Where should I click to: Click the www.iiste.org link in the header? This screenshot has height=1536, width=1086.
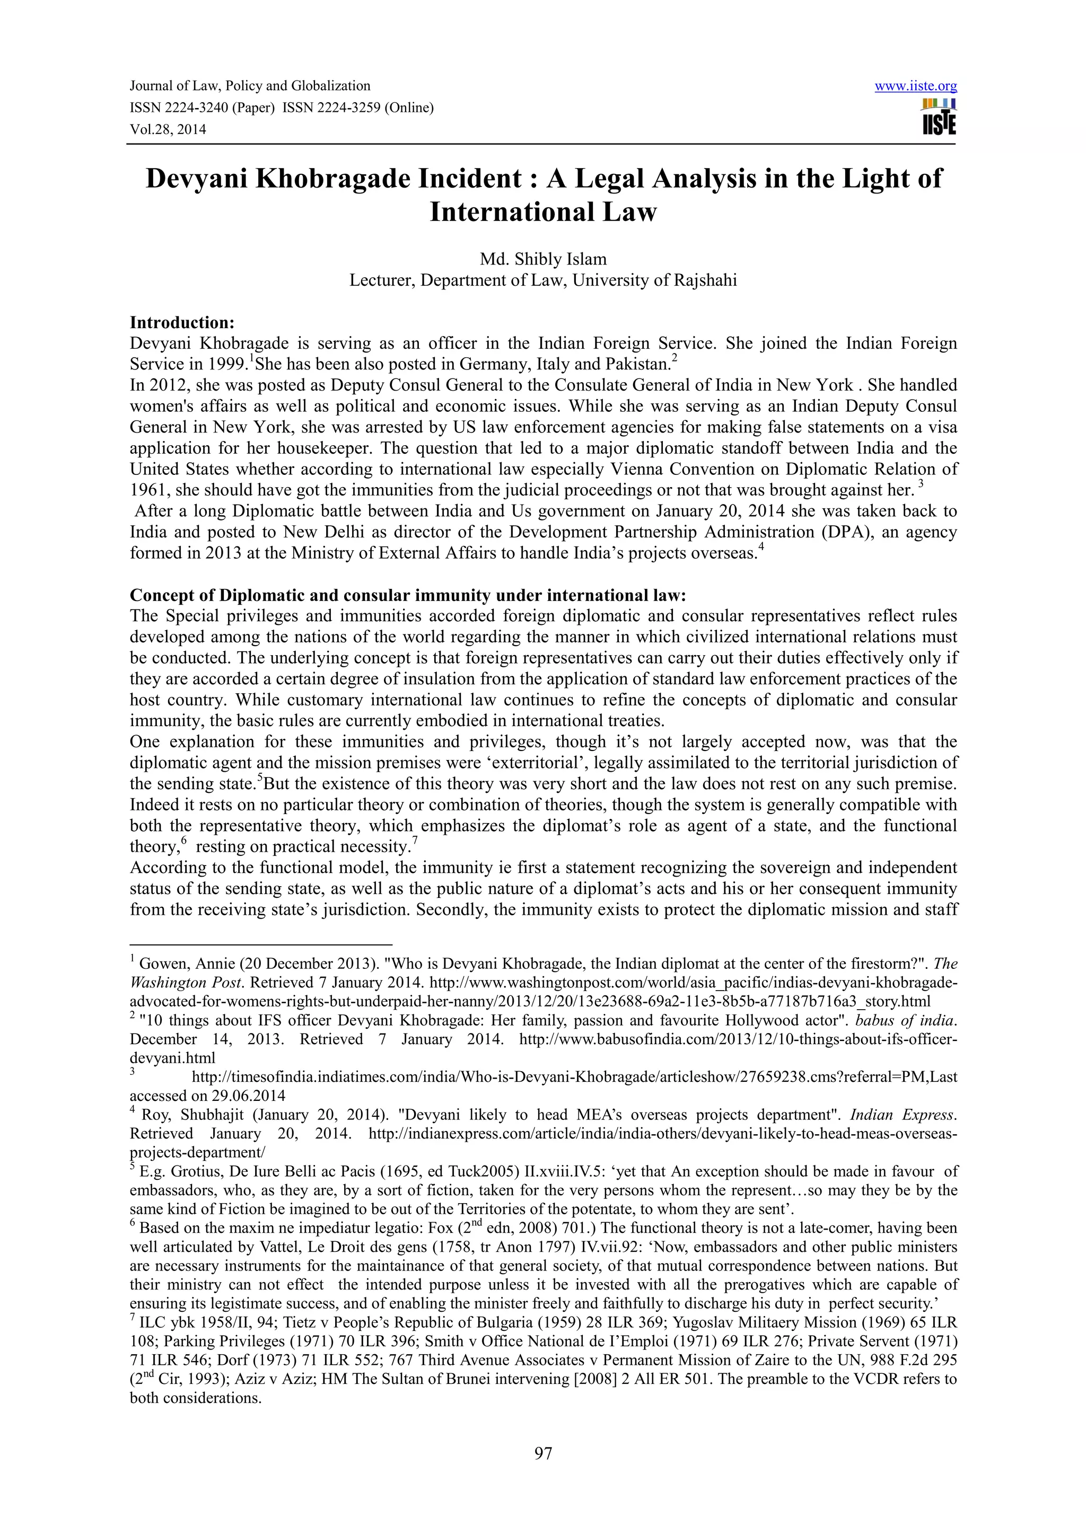pyautogui.click(x=915, y=86)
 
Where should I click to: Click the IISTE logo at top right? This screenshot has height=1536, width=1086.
pyautogui.click(x=938, y=117)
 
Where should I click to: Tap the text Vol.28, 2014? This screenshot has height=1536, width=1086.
pyautogui.click(x=168, y=129)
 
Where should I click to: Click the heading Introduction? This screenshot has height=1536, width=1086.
pyautogui.click(x=182, y=322)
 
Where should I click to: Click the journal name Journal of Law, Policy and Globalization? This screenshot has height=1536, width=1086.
pyautogui.click(x=250, y=86)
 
